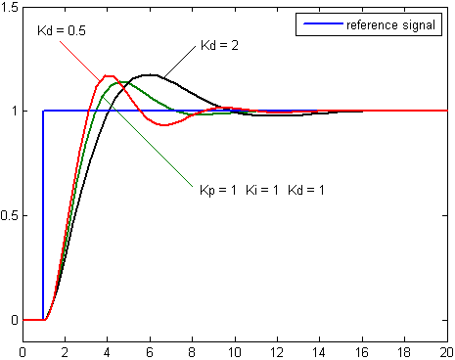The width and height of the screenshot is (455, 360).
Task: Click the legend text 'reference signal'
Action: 390,24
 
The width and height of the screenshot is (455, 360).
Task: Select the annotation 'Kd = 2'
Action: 219,46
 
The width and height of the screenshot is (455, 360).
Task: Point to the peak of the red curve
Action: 108,75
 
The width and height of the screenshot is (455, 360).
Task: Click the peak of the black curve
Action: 150,74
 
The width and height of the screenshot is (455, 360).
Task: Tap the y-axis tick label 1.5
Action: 11,7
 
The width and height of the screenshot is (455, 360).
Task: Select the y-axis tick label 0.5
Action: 11,215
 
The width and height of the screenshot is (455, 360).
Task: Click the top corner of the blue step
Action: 44,111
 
